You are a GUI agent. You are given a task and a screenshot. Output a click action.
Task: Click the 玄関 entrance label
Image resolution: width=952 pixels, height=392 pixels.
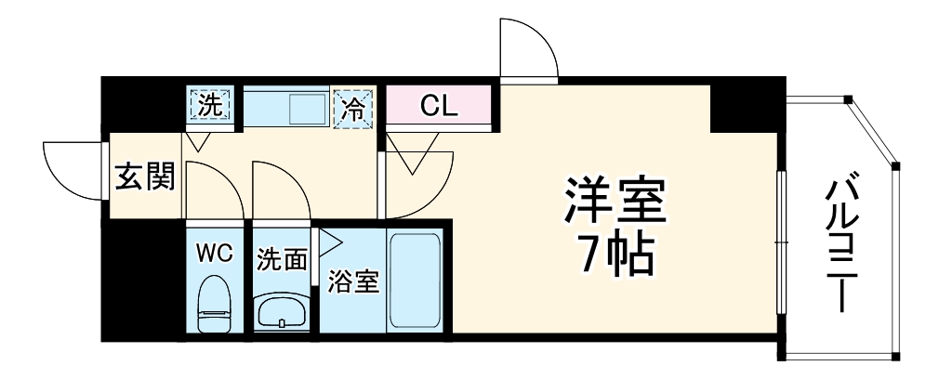pyautogui.click(x=144, y=176)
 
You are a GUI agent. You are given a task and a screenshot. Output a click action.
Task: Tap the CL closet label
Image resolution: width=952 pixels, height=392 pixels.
pyautogui.click(x=438, y=106)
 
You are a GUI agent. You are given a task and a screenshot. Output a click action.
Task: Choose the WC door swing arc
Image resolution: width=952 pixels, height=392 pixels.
pyautogui.click(x=213, y=190)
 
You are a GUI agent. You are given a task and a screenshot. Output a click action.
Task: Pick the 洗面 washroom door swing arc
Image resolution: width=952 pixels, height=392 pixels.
pyautogui.click(x=280, y=190)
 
